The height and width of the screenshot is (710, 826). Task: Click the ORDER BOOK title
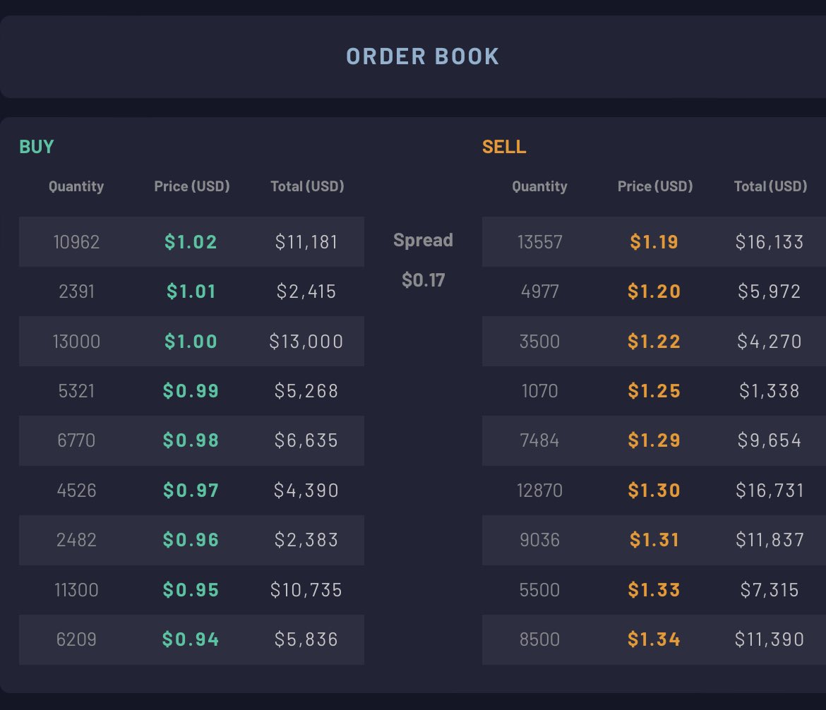click(x=422, y=56)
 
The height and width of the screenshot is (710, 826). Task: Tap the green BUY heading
click(x=36, y=146)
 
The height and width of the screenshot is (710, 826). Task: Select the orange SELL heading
click(x=504, y=146)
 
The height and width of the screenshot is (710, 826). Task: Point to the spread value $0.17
click(x=423, y=279)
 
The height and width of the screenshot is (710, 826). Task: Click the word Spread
click(x=423, y=240)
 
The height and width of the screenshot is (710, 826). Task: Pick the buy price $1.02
click(x=191, y=242)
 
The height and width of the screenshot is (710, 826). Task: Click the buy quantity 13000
click(x=76, y=342)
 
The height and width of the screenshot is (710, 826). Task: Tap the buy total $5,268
click(x=306, y=391)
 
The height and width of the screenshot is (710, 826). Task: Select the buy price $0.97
click(x=191, y=491)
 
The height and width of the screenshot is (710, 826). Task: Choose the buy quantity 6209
click(x=76, y=639)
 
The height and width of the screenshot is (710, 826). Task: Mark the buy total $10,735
click(x=306, y=590)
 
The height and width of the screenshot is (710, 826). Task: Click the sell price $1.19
click(x=654, y=242)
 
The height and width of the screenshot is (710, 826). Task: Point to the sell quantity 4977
click(x=539, y=291)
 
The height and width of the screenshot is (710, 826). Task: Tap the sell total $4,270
click(x=769, y=342)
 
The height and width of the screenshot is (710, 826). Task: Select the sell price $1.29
click(x=654, y=440)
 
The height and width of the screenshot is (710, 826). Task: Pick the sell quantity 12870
click(x=539, y=491)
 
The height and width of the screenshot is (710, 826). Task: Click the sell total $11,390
click(x=769, y=639)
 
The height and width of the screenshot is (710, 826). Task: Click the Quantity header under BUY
click(x=76, y=186)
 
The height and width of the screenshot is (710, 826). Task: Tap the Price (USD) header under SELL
click(x=654, y=186)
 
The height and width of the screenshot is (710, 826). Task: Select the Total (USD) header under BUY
click(x=307, y=186)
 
